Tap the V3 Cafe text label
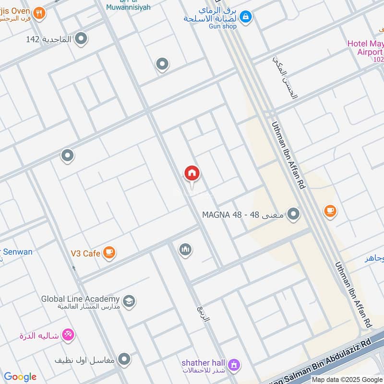(85, 253)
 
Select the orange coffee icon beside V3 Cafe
(109, 252)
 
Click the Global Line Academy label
(80, 299)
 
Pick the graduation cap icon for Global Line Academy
(129, 301)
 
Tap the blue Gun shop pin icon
(246, 17)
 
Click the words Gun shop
(223, 26)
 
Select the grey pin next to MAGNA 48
(293, 214)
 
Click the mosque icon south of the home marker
(185, 250)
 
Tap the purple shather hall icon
(234, 365)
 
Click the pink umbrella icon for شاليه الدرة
(68, 335)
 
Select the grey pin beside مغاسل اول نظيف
(124, 358)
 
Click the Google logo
(20, 377)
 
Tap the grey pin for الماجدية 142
(81, 38)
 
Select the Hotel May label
(365, 44)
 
